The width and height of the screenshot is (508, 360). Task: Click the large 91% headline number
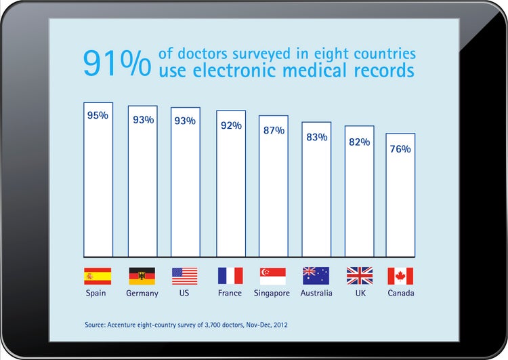click(x=117, y=62)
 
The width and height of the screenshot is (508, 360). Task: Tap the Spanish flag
click(x=98, y=276)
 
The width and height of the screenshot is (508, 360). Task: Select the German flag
click(x=142, y=276)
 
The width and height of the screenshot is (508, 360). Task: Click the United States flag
click(x=185, y=276)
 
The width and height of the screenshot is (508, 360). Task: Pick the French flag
click(x=230, y=276)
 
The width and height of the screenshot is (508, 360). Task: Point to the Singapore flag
click(x=273, y=276)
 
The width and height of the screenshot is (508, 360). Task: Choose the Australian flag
click(x=316, y=276)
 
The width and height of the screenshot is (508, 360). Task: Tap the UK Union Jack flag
click(x=360, y=276)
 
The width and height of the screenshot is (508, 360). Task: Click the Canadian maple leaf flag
click(x=400, y=276)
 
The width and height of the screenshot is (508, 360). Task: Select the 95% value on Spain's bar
click(x=98, y=115)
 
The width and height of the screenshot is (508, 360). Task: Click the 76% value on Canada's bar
click(x=400, y=149)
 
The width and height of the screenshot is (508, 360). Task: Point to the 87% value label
click(x=274, y=130)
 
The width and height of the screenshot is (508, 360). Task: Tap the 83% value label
click(x=316, y=137)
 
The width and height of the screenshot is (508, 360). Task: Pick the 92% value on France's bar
click(x=231, y=125)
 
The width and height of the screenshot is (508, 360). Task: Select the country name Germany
click(x=142, y=294)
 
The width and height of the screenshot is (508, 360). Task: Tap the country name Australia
click(x=316, y=294)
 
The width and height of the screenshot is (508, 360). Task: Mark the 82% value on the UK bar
click(x=359, y=142)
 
